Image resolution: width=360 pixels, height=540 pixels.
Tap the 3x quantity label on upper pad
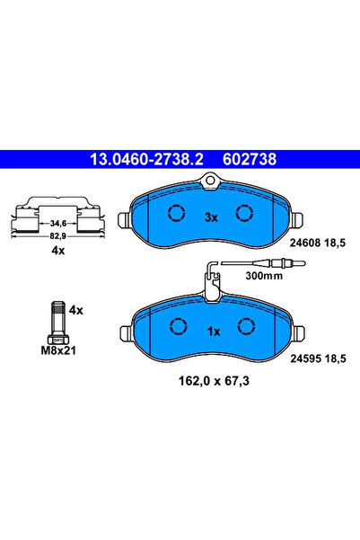coord(211,217)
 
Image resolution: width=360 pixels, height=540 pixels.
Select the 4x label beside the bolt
coord(76,310)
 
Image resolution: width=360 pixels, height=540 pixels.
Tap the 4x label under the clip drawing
coord(57,251)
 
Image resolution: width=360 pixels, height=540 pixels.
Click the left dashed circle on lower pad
coord(177,326)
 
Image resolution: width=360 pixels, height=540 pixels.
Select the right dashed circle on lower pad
coord(244,326)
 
